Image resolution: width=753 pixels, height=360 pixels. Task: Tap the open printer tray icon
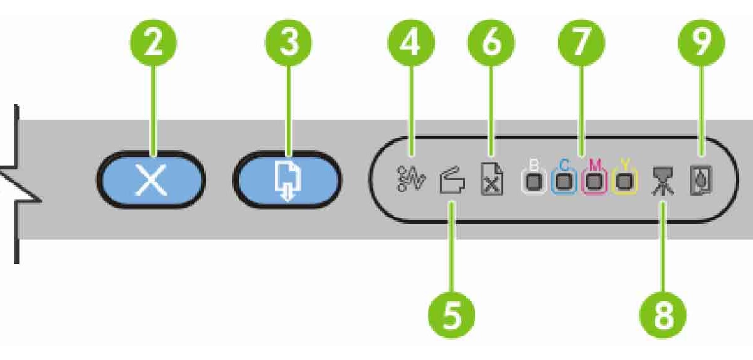(452, 183)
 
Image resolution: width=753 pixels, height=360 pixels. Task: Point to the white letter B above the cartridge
(534, 165)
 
